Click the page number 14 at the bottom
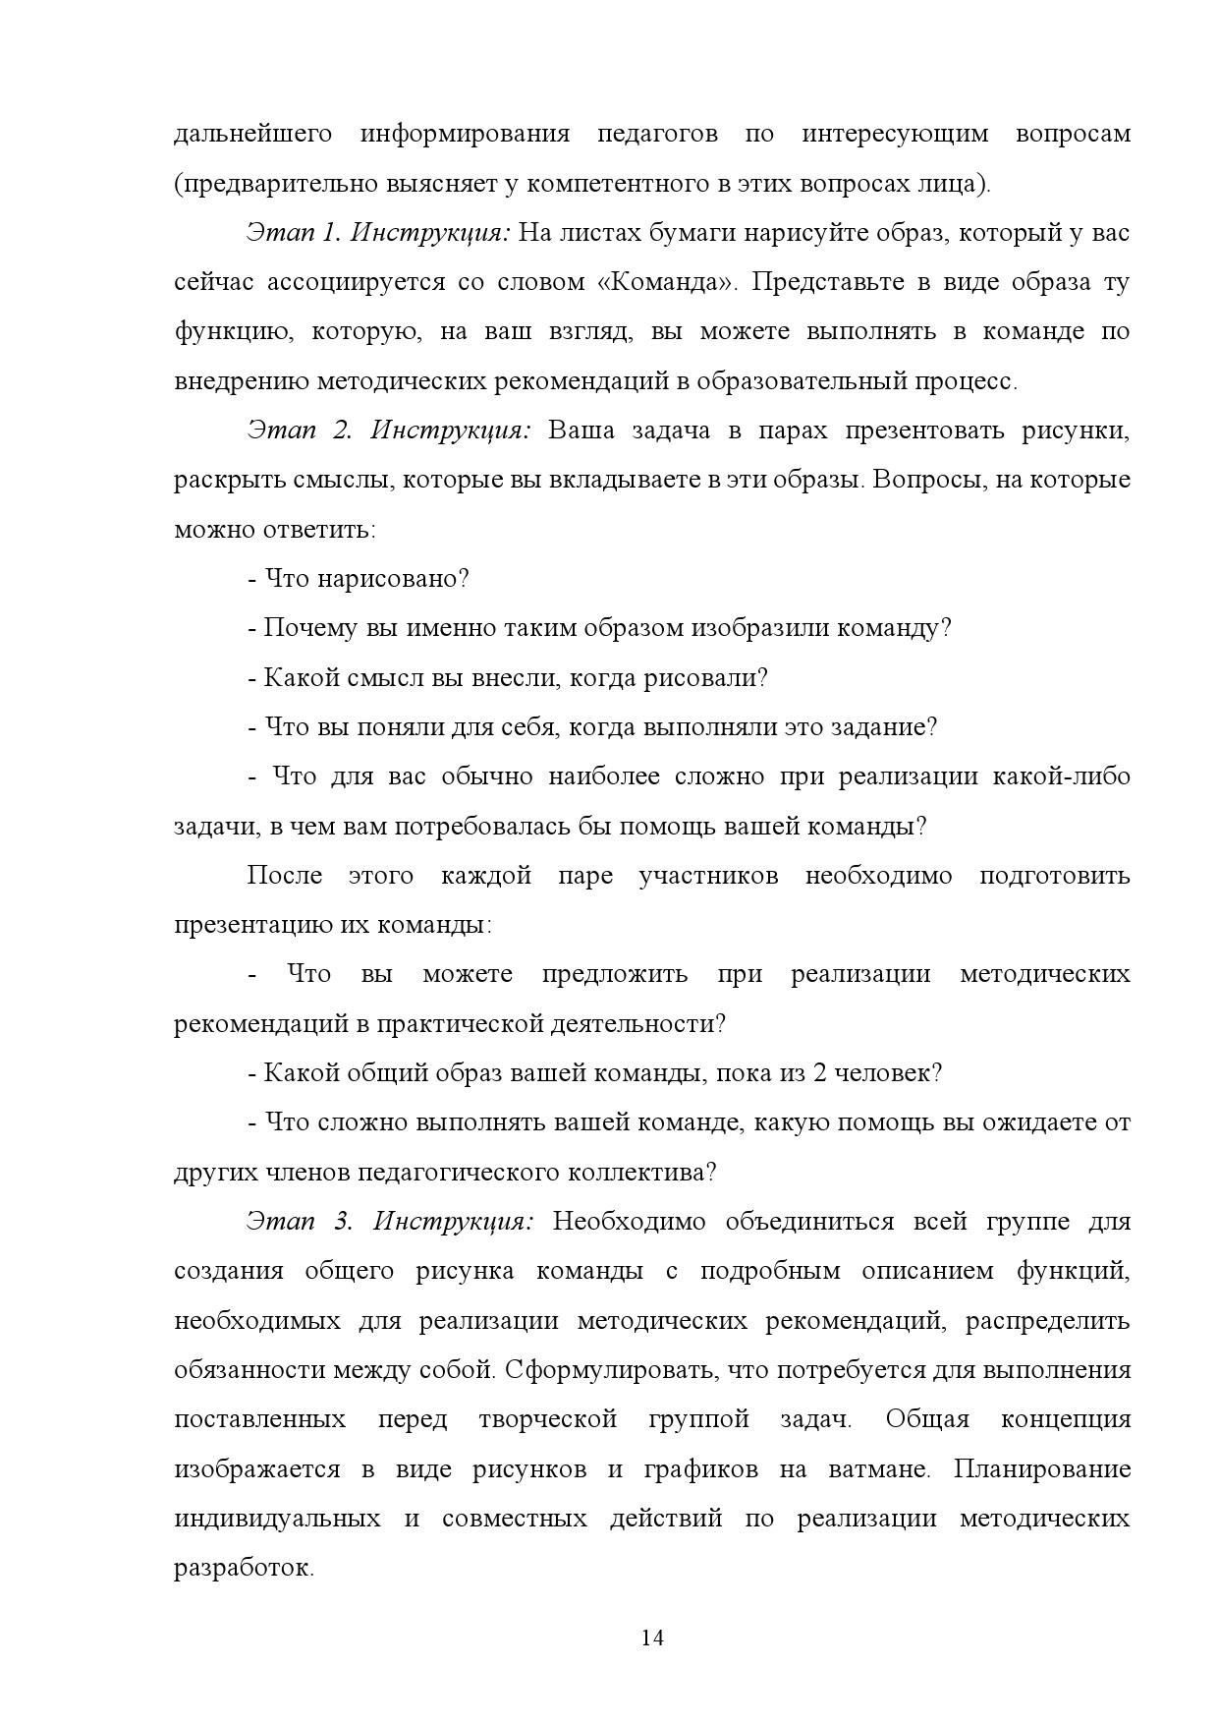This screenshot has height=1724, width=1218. click(x=652, y=1638)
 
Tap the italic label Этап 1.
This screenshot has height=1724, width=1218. click(x=293, y=233)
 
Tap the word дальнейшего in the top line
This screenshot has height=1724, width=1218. click(x=253, y=134)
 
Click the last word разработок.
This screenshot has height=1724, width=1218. click(x=244, y=1568)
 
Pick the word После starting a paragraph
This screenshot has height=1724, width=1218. click(x=285, y=875)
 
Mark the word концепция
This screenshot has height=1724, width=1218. click(x=1066, y=1419)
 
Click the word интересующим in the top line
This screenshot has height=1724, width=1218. click(x=895, y=134)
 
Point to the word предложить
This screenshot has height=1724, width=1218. click(x=615, y=974)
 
